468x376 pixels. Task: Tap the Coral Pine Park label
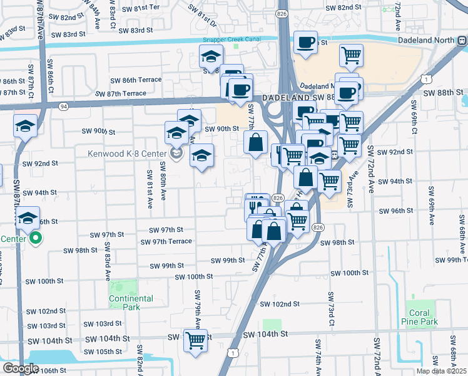coord(419,317)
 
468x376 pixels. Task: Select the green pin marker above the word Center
coord(35,238)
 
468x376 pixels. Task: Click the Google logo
coord(20,368)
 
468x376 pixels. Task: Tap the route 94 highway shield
coord(63,107)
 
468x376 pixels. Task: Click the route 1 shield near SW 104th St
coord(233,353)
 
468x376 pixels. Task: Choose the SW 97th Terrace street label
coord(166,241)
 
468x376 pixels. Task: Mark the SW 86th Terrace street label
coord(136,80)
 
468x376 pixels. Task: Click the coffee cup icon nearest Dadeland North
coord(305,43)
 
